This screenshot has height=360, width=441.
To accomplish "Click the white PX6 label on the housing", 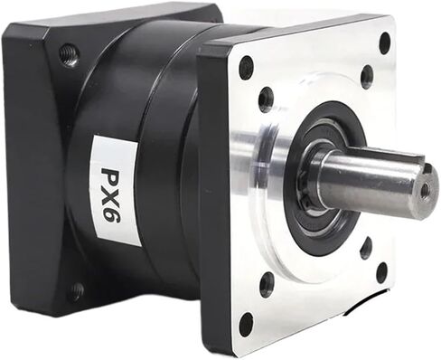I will [x=115, y=187].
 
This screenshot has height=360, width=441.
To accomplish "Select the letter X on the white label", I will [x=115, y=188].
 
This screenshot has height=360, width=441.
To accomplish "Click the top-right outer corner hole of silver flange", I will [x=385, y=43].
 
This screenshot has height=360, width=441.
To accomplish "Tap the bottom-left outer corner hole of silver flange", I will [x=246, y=323].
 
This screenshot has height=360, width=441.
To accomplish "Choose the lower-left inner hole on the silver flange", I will [x=267, y=284].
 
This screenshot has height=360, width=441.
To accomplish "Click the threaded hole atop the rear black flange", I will [x=69, y=55].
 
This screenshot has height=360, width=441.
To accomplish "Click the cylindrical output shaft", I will [x=371, y=181].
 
